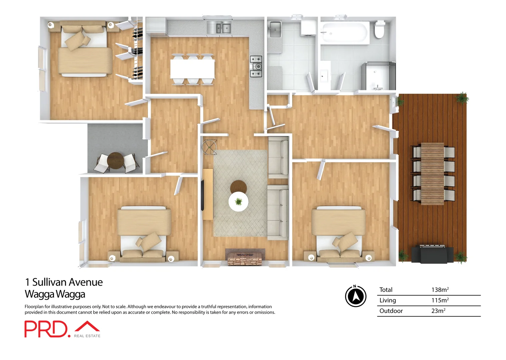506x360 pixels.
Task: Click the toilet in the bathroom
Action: point(379,29)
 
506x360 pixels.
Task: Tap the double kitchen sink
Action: point(219,28)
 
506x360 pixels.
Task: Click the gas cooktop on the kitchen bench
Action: point(256,66)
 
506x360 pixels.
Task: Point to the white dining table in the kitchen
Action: point(192,69)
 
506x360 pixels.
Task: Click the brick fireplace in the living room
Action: point(245,257)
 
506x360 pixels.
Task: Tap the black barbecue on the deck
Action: point(432,254)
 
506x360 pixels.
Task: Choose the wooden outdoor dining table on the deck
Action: point(432,173)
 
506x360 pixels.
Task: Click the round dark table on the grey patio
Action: point(116,161)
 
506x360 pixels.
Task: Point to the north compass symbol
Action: point(355,296)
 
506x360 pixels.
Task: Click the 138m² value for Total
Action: point(440,290)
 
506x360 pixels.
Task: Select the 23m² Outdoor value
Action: point(438,311)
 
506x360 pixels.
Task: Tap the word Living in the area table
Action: point(387,300)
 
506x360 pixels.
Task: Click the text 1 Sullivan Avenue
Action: point(64,282)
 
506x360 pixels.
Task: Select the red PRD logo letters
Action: point(46,329)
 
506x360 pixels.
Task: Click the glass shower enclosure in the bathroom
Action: point(378,76)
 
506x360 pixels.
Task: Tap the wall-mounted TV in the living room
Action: point(202,195)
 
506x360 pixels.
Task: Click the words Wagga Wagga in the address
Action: point(55,294)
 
